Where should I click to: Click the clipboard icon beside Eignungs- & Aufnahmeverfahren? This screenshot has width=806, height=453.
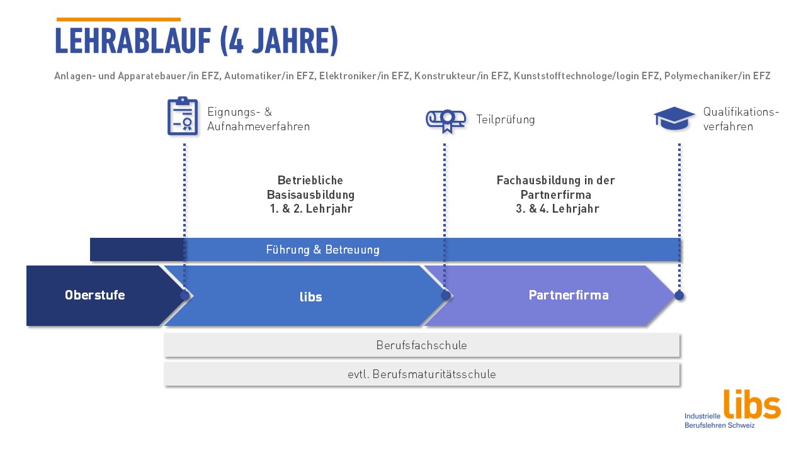pos(183,116)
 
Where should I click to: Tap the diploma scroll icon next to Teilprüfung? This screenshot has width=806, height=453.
pos(445,119)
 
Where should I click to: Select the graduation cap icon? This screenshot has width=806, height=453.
pos(674,118)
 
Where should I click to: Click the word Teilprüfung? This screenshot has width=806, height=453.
pos(506,120)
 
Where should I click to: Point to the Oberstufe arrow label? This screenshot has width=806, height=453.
pos(94,295)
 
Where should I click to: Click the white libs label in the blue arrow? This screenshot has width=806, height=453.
pos(311,297)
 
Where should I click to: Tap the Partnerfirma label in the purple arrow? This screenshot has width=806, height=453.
pos(569,295)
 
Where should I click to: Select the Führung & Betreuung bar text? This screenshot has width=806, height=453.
pos(322,250)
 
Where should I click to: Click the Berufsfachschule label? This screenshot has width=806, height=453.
pos(421,345)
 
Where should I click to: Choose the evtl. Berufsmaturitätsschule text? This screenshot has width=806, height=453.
pos(421,374)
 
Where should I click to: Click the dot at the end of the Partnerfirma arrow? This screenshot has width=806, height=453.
pos(679,295)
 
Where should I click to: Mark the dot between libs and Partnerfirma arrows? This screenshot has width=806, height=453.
pos(445,295)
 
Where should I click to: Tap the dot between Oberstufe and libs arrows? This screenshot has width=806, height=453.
pos(184,295)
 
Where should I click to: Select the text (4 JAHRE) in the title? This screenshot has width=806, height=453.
pos(278,42)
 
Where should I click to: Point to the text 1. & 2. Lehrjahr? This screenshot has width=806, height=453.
pos(310,209)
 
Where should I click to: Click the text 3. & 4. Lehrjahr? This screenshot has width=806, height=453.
pos(557,209)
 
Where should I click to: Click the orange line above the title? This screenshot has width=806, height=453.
pos(118,20)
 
